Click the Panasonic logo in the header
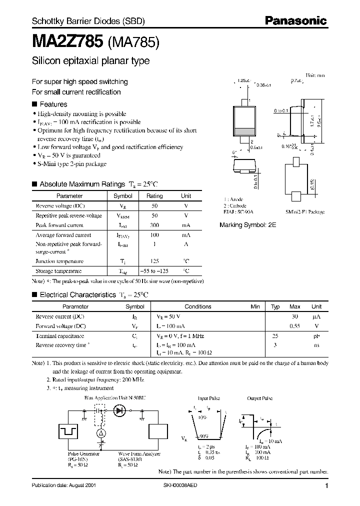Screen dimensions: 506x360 coord(295,21)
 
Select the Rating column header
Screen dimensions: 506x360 coord(154,196)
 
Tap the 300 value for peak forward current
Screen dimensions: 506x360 coord(154,225)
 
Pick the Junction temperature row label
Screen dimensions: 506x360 coord(59,261)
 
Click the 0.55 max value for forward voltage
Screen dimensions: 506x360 coord(295,326)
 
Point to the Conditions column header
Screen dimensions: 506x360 coord(198,306)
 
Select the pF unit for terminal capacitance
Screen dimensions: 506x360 coord(316,336)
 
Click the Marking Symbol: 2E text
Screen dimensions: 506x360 coord(247,225)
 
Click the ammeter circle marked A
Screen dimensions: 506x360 coord(100,432)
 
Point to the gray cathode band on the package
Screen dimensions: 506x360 coord(244,132)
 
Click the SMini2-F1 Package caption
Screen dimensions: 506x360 coord(305,212)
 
